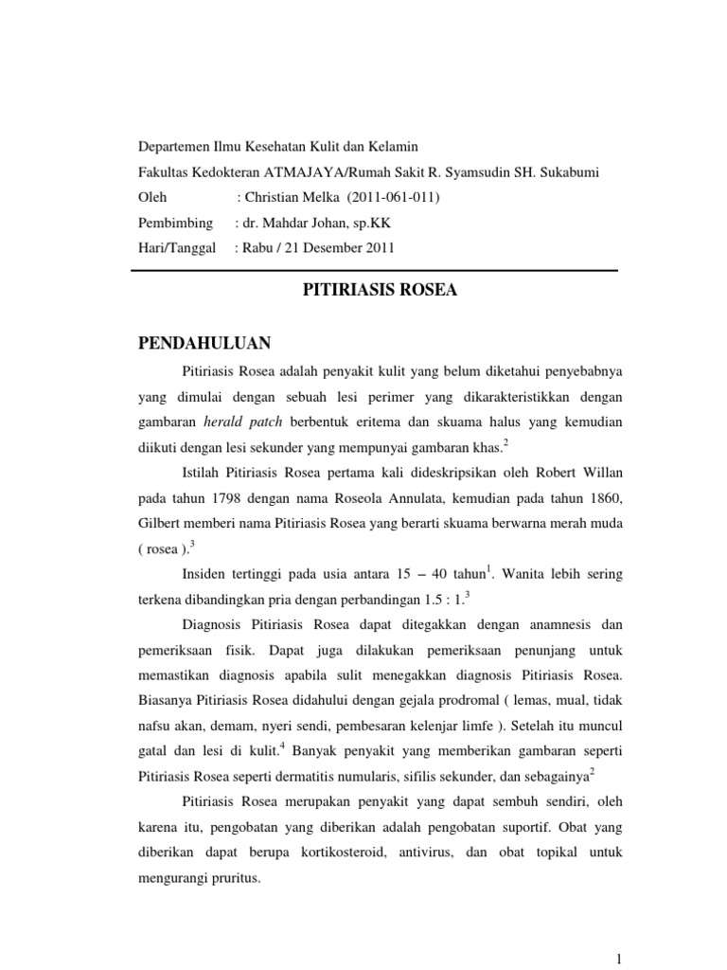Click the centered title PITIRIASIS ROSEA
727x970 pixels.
point(379,291)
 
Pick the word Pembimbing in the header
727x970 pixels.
point(173,224)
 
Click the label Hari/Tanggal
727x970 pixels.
point(176,248)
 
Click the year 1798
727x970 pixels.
point(236,498)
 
